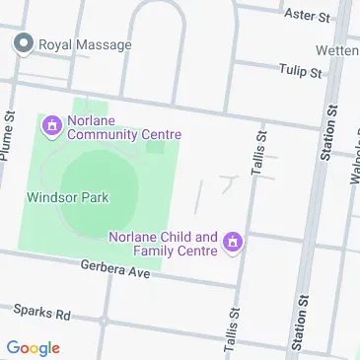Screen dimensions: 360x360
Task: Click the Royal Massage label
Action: (x=84, y=44)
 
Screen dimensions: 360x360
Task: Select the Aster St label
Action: (x=307, y=15)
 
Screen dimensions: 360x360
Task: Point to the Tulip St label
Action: (x=302, y=72)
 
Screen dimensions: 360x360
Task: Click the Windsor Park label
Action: (x=66, y=195)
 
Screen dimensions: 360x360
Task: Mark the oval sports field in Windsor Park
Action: (x=98, y=192)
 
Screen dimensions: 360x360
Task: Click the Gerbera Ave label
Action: (x=115, y=268)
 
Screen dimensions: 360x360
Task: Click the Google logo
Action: (x=33, y=348)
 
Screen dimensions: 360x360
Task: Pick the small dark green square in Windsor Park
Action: (x=155, y=147)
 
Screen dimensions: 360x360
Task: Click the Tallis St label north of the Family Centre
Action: (x=259, y=156)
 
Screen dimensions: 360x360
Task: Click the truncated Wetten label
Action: (x=337, y=49)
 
